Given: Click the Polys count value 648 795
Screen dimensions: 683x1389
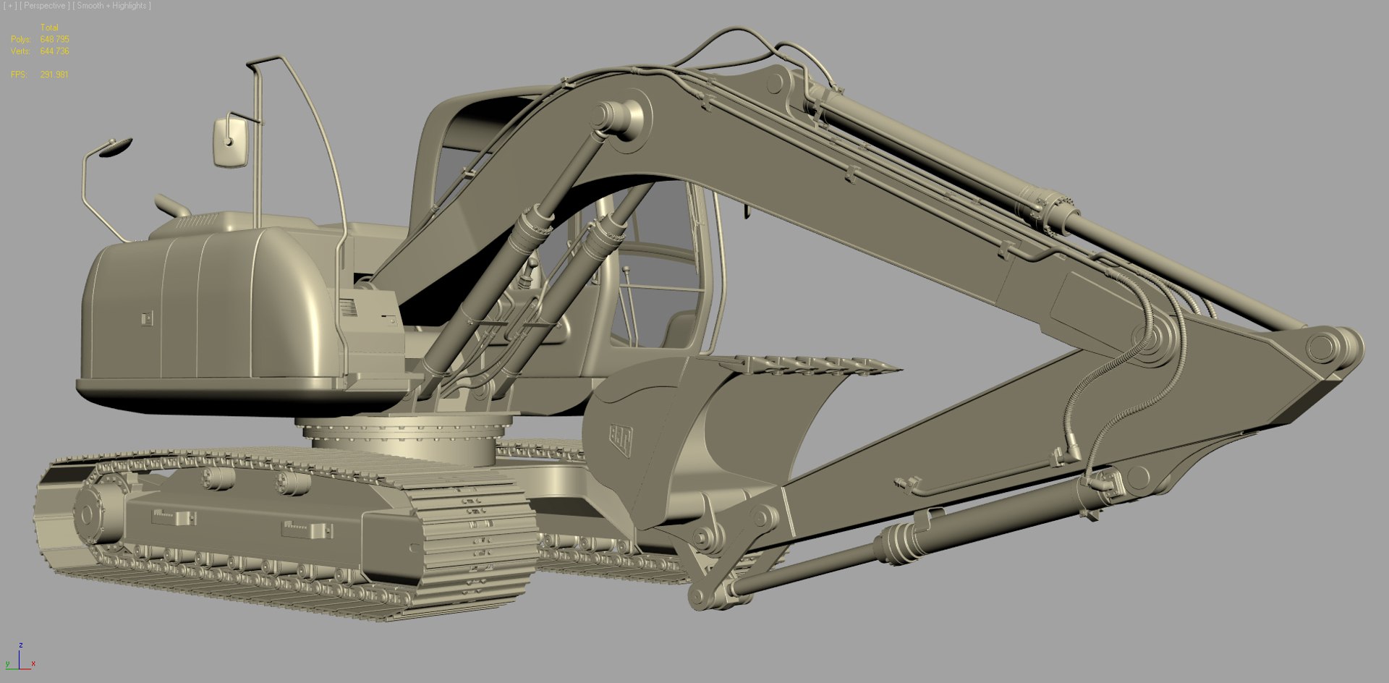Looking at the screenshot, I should pos(54,39).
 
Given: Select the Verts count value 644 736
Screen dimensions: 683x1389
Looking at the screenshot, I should pos(54,51).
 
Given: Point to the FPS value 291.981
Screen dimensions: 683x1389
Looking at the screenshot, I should pos(54,75).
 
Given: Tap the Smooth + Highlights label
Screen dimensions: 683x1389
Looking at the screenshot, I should pos(112,6).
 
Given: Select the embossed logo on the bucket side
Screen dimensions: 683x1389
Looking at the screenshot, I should pos(620,438).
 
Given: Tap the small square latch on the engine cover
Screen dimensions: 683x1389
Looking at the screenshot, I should pos(147,318).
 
